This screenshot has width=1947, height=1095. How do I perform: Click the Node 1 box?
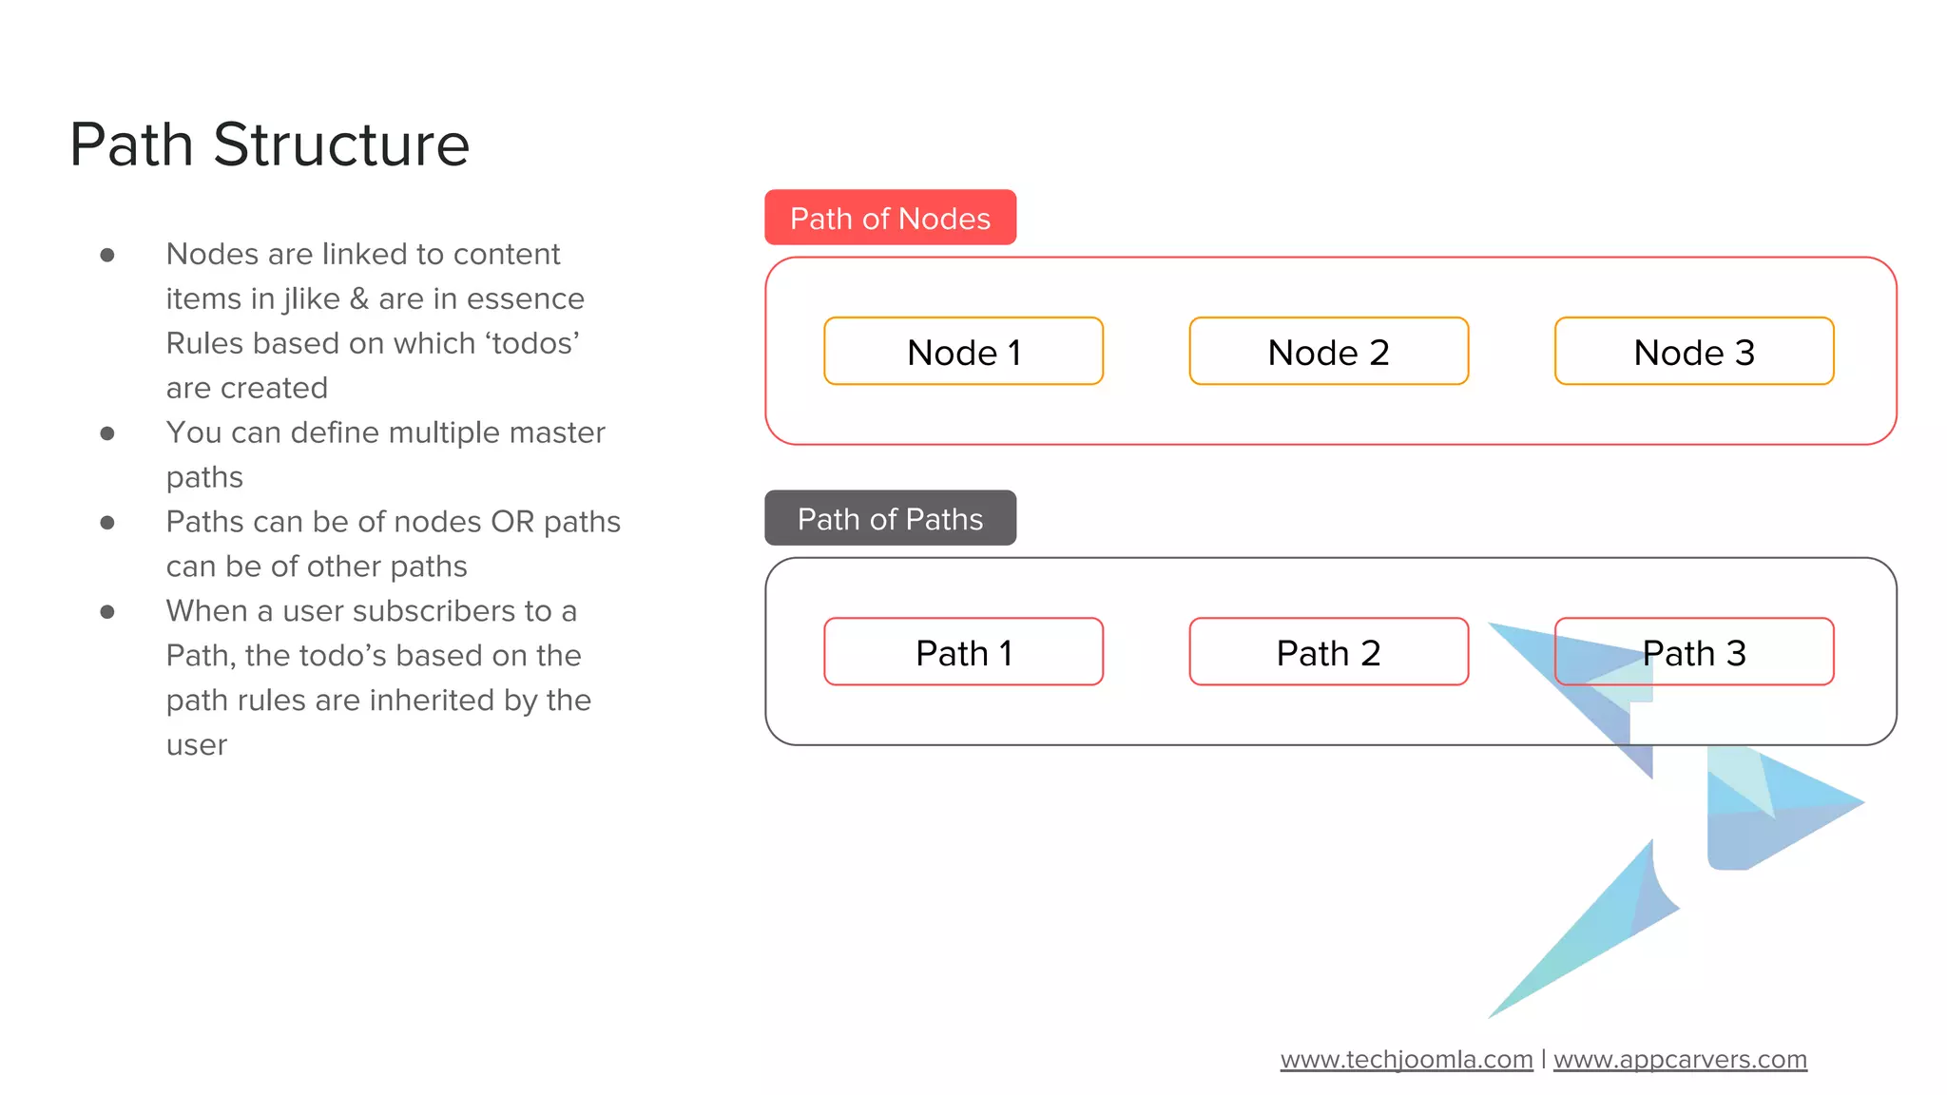point(963,352)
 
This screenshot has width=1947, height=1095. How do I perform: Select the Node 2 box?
point(1328,352)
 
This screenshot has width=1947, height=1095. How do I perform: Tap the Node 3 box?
point(1693,352)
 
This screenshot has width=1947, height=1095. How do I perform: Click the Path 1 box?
point(963,652)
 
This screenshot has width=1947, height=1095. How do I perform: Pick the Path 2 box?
point(1328,652)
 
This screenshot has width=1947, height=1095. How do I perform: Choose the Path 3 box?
point(1693,652)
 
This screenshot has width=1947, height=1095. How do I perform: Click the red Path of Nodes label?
point(890,218)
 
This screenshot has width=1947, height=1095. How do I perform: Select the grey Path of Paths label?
point(890,518)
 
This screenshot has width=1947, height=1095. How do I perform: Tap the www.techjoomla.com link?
point(1406,1059)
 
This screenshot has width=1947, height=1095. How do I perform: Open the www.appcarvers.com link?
point(1680,1059)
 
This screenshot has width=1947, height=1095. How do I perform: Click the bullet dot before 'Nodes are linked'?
point(107,255)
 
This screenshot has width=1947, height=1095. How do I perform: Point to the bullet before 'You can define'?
point(107,433)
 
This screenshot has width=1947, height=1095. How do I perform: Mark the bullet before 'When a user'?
point(107,612)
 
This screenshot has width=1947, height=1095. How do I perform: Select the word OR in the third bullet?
point(512,522)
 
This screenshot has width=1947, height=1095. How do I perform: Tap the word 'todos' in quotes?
point(532,343)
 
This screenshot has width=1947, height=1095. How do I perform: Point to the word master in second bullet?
point(557,432)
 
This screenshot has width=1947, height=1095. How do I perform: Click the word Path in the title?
point(131,145)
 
